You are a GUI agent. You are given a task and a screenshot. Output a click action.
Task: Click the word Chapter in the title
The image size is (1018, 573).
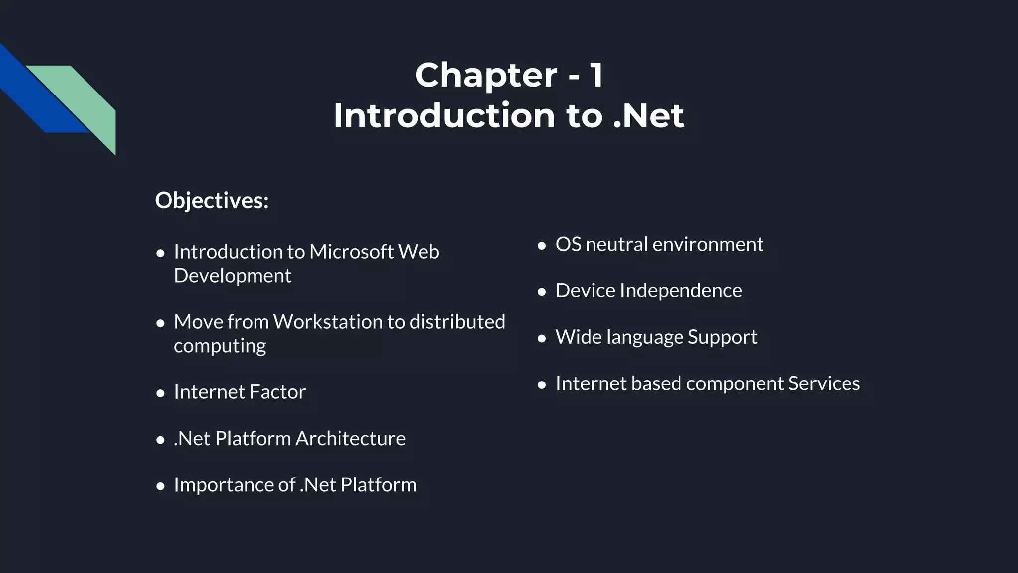coord(486,76)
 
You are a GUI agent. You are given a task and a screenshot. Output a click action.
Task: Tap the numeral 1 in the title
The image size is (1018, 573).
coord(596,76)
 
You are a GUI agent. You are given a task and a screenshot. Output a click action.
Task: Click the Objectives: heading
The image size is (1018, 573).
coord(212,200)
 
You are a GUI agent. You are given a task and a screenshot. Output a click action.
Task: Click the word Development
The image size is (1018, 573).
coord(233,276)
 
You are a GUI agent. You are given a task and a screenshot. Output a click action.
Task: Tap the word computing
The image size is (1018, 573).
coord(220,346)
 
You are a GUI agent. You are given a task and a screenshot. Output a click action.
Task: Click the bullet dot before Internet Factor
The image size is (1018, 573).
coord(160,393)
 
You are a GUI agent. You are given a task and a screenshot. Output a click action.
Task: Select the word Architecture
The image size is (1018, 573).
coord(350,438)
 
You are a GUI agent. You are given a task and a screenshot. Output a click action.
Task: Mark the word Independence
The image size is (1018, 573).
coord(680,290)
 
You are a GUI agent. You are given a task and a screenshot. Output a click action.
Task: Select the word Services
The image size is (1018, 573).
coord(824,383)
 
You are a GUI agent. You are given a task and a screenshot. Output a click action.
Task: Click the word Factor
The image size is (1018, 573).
coord(277,392)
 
